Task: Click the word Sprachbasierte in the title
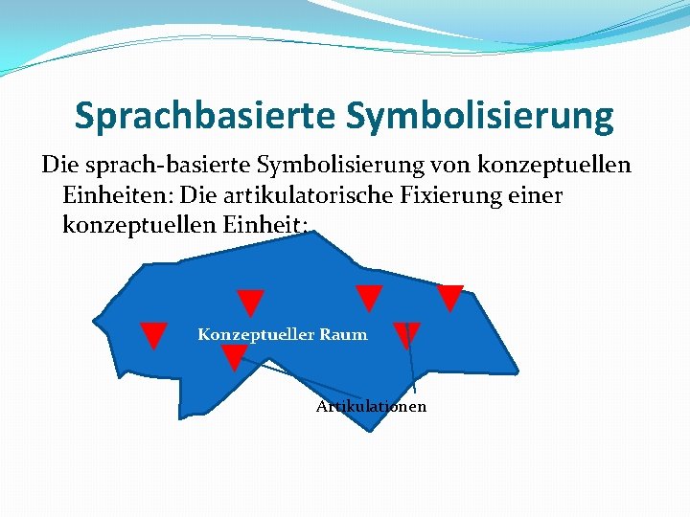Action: point(203,116)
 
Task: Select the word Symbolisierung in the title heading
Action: point(479,116)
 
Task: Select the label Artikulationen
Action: point(372,407)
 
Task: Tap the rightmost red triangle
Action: point(449,297)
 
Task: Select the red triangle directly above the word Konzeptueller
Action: point(250,302)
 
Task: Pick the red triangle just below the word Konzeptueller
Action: point(234,356)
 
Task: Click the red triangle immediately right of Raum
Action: point(406,333)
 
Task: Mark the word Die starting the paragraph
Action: point(57,166)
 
